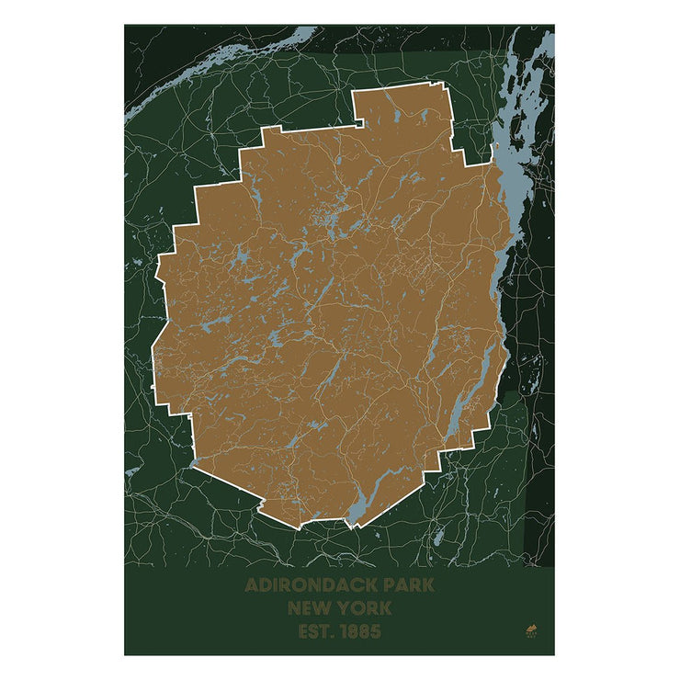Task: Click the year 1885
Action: click(359, 632)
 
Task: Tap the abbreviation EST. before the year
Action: click(316, 632)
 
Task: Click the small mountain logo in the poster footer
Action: click(530, 630)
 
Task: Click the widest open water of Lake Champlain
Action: click(504, 175)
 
